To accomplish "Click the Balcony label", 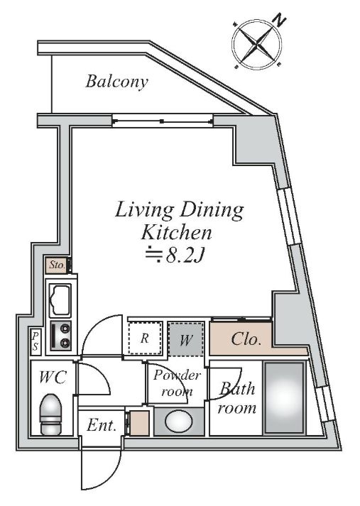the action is pyautogui.click(x=117, y=82).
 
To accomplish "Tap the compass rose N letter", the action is pyautogui.click(x=280, y=21).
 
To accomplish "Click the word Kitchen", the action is pyautogui.click(x=177, y=233).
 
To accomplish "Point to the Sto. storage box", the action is pyautogui.click(x=58, y=265).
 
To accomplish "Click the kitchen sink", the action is pyautogui.click(x=60, y=301).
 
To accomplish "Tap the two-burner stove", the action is pyautogui.click(x=60, y=336).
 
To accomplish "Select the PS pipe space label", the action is pyautogui.click(x=35, y=342).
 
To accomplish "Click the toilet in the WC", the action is pyautogui.click(x=51, y=414).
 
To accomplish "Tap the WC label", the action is pyautogui.click(x=53, y=377).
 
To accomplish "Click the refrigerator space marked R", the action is pyautogui.click(x=144, y=338).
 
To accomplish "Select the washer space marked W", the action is pyautogui.click(x=185, y=339).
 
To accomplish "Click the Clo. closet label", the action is pyautogui.click(x=246, y=339).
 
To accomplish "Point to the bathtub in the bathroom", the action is pyautogui.click(x=285, y=397).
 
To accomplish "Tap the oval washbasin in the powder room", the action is pyautogui.click(x=179, y=420).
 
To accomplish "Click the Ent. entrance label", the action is pyautogui.click(x=102, y=426).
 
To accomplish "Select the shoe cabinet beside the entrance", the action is pyautogui.click(x=139, y=423).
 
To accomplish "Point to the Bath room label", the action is pyautogui.click(x=237, y=398).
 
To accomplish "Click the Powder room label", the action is pyautogui.click(x=177, y=383).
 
